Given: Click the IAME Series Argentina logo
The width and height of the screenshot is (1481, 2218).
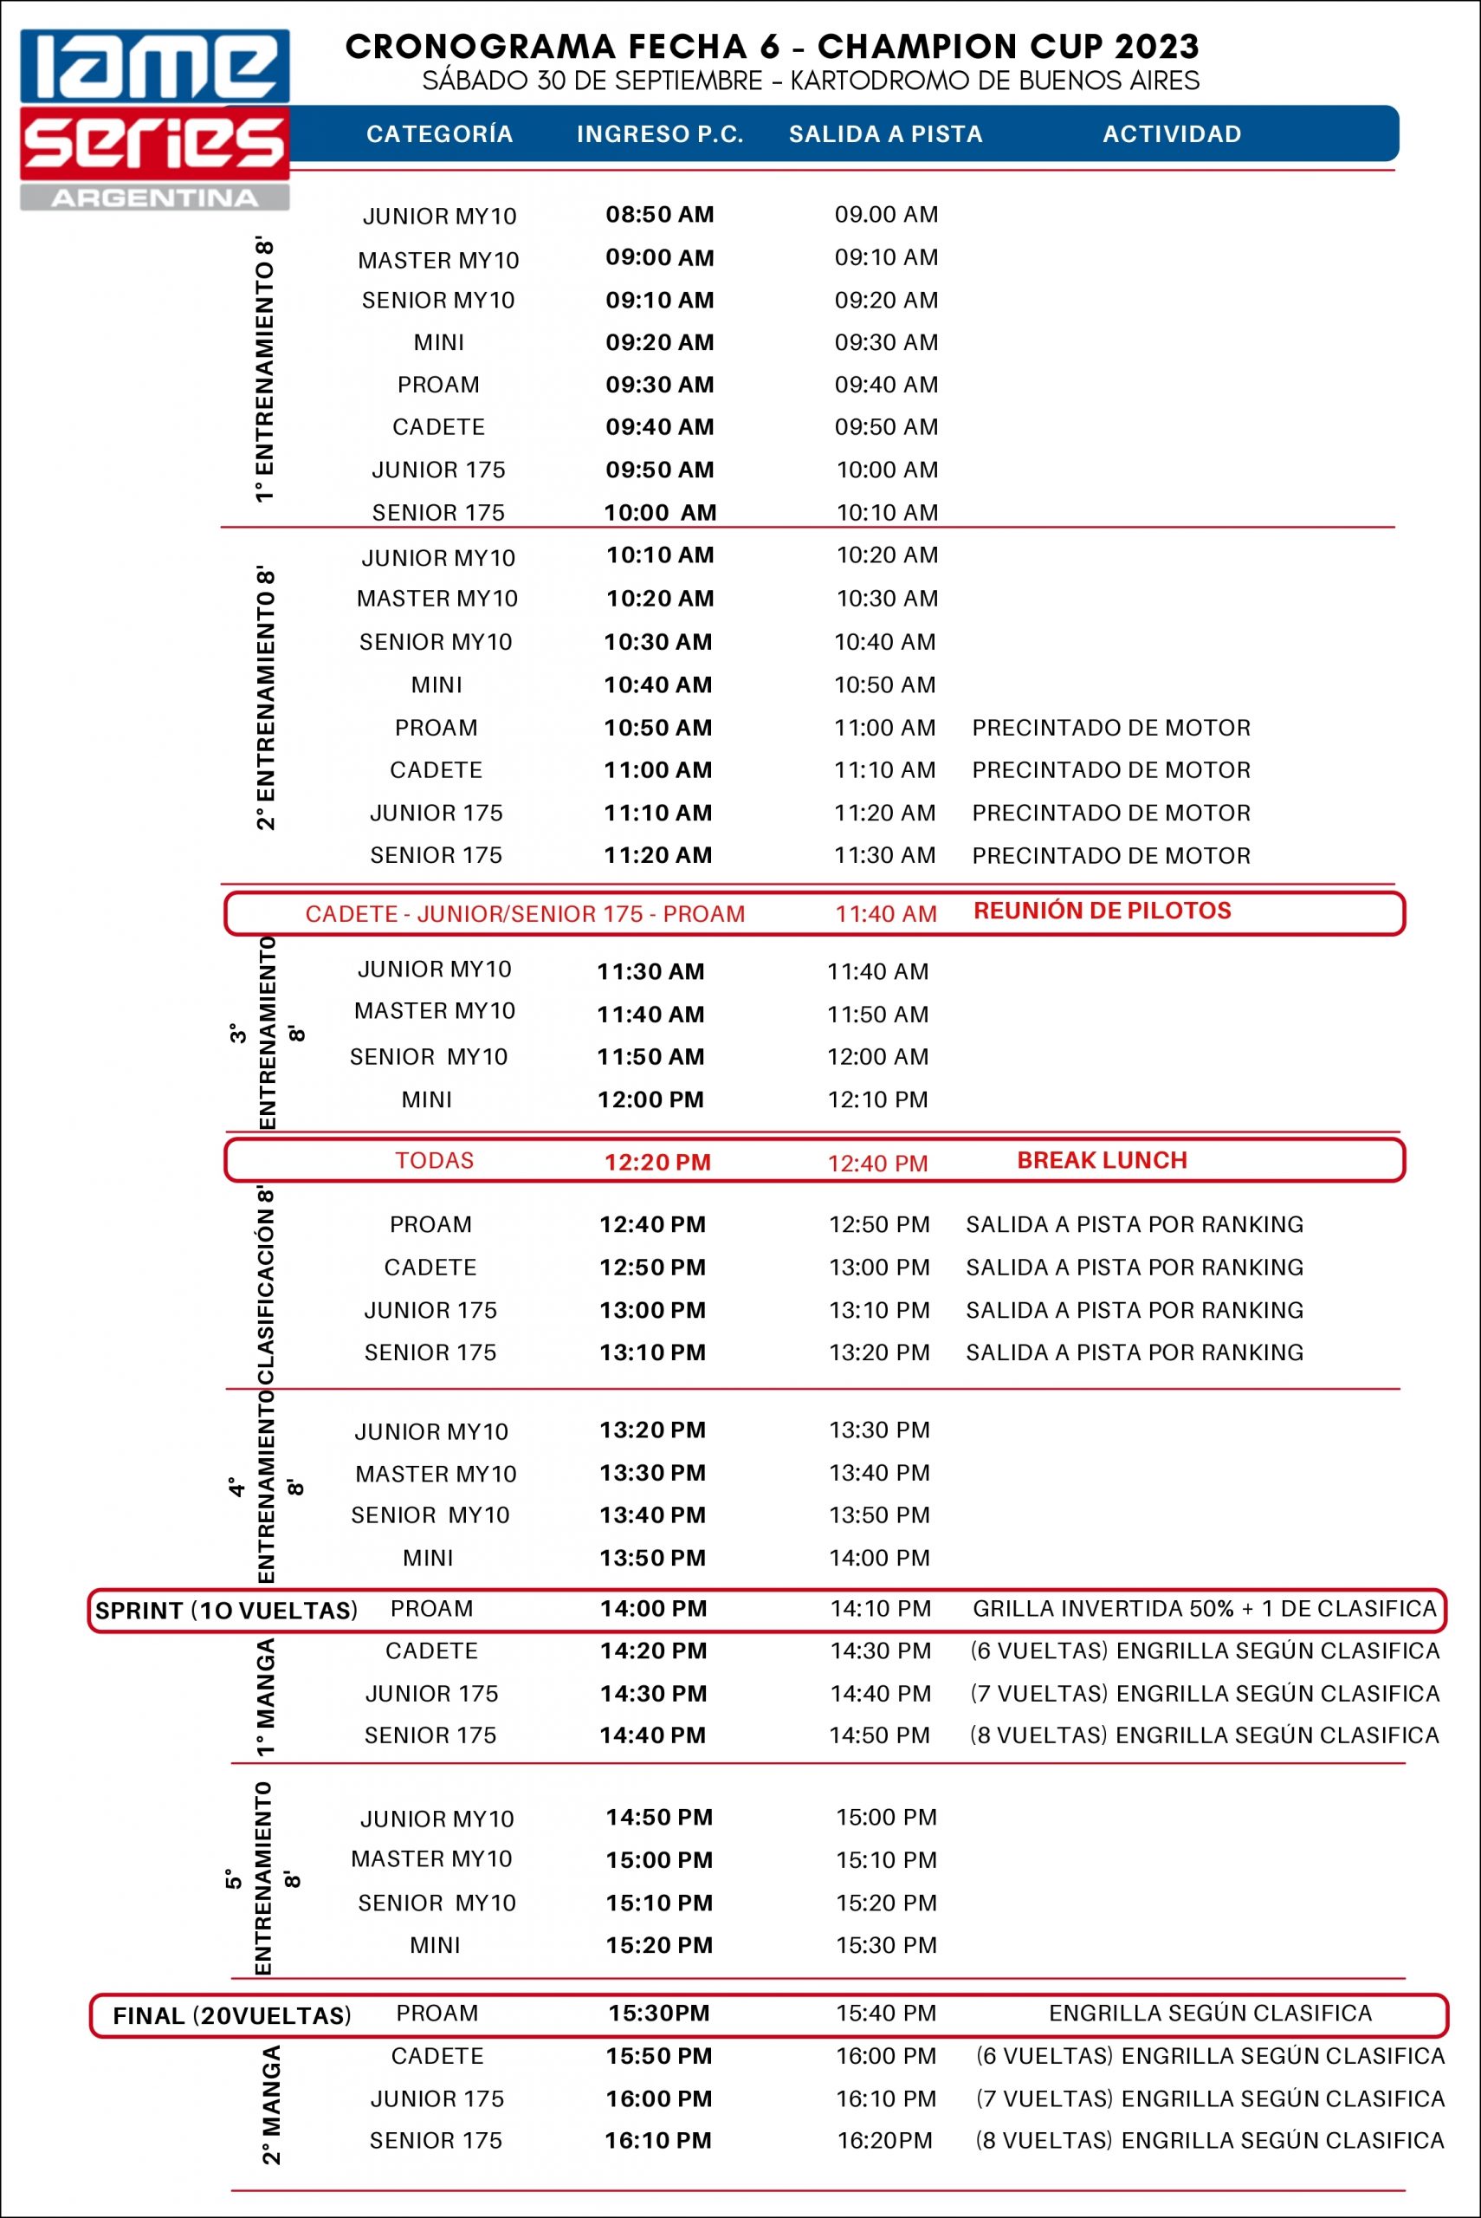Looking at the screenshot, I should tap(155, 119).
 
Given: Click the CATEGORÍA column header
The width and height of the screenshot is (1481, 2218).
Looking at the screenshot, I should tap(439, 134).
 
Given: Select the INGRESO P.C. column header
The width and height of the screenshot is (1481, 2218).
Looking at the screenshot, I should tap(660, 134).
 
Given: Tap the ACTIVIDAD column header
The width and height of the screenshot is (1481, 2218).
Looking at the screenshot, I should tap(1171, 134).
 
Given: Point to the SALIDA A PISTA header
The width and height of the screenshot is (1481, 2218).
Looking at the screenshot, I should tap(885, 134).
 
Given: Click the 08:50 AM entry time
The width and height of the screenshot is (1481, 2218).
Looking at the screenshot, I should tap(659, 214).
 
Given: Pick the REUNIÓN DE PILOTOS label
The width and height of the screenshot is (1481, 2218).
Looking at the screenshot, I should tap(1103, 911).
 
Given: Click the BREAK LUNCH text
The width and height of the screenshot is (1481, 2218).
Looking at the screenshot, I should tap(1102, 1160).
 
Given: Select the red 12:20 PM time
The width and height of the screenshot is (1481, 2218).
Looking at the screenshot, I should tap(657, 1163).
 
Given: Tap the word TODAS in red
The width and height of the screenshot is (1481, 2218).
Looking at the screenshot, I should tap(435, 1160).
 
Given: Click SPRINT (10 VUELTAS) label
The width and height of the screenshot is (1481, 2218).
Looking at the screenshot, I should tap(227, 1611).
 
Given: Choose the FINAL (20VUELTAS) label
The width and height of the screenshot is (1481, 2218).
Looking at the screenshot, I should tap(232, 2016).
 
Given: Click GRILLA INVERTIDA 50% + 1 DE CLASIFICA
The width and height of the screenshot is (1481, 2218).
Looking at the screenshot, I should tap(1204, 1609).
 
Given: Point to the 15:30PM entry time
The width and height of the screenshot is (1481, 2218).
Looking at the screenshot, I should tap(658, 2013).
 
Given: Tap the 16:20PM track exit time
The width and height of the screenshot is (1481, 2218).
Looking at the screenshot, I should tap(884, 2141).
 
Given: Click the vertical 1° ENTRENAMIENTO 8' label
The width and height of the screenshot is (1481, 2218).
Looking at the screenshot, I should tap(264, 370).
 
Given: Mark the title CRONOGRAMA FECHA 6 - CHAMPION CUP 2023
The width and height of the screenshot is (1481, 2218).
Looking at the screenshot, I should tap(772, 45).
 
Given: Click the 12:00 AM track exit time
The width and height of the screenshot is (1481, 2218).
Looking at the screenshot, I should tap(877, 1056).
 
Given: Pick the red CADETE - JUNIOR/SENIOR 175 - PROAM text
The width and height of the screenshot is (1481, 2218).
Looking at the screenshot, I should tap(525, 913).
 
